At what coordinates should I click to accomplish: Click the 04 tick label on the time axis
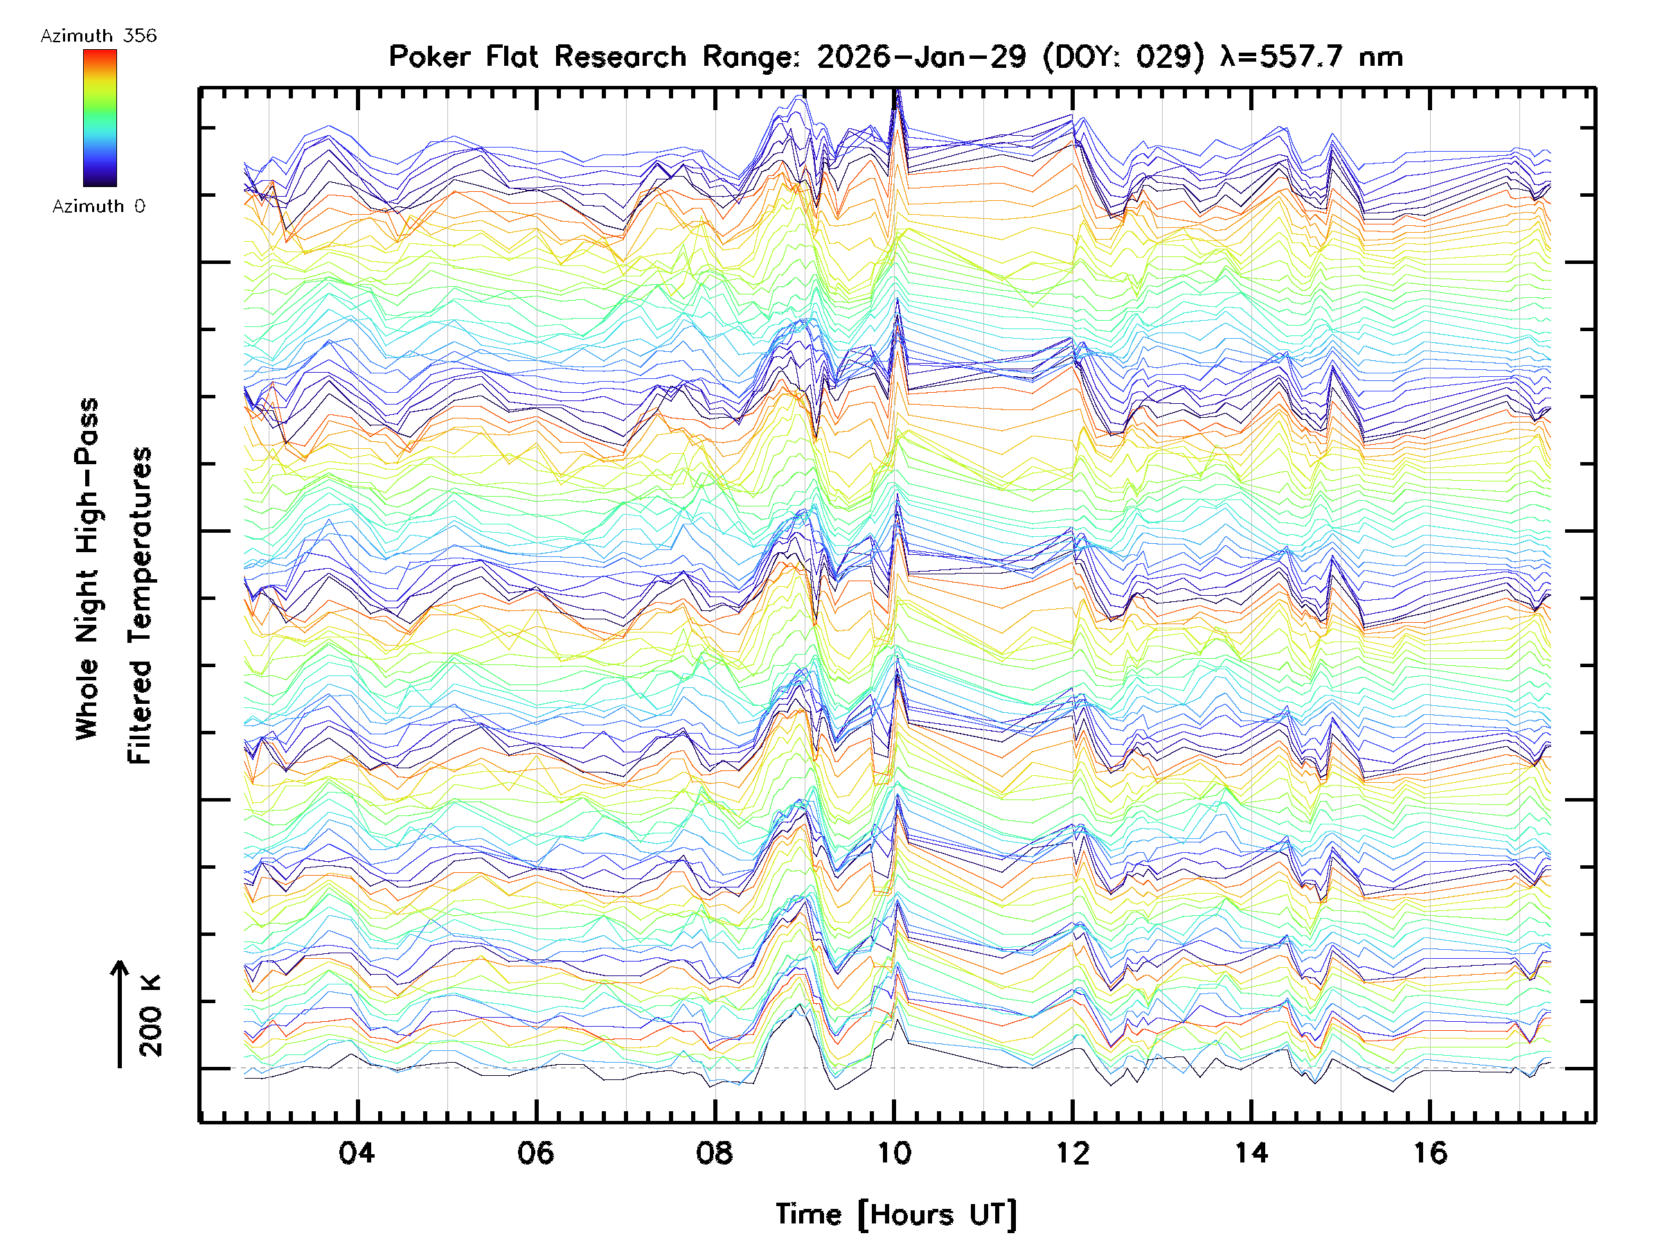(357, 1152)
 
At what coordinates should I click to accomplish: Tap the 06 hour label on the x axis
(536, 1152)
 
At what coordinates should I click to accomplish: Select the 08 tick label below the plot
(715, 1152)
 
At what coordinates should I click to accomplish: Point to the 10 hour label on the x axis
(894, 1152)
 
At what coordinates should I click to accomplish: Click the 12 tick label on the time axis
(1072, 1152)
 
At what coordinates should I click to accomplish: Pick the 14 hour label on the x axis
(1251, 1152)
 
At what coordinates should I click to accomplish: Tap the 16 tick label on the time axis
(1430, 1152)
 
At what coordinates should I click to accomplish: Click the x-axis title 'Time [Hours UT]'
(895, 1214)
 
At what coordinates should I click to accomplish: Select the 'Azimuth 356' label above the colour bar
(98, 36)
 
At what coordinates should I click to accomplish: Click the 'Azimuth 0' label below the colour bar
(98, 206)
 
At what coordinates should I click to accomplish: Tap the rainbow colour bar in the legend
(100, 118)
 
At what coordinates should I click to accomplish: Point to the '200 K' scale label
(150, 1016)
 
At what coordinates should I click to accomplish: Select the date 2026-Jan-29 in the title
(921, 57)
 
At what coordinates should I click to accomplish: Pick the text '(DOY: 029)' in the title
(1123, 57)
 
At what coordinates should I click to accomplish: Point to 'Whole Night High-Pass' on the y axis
(87, 568)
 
